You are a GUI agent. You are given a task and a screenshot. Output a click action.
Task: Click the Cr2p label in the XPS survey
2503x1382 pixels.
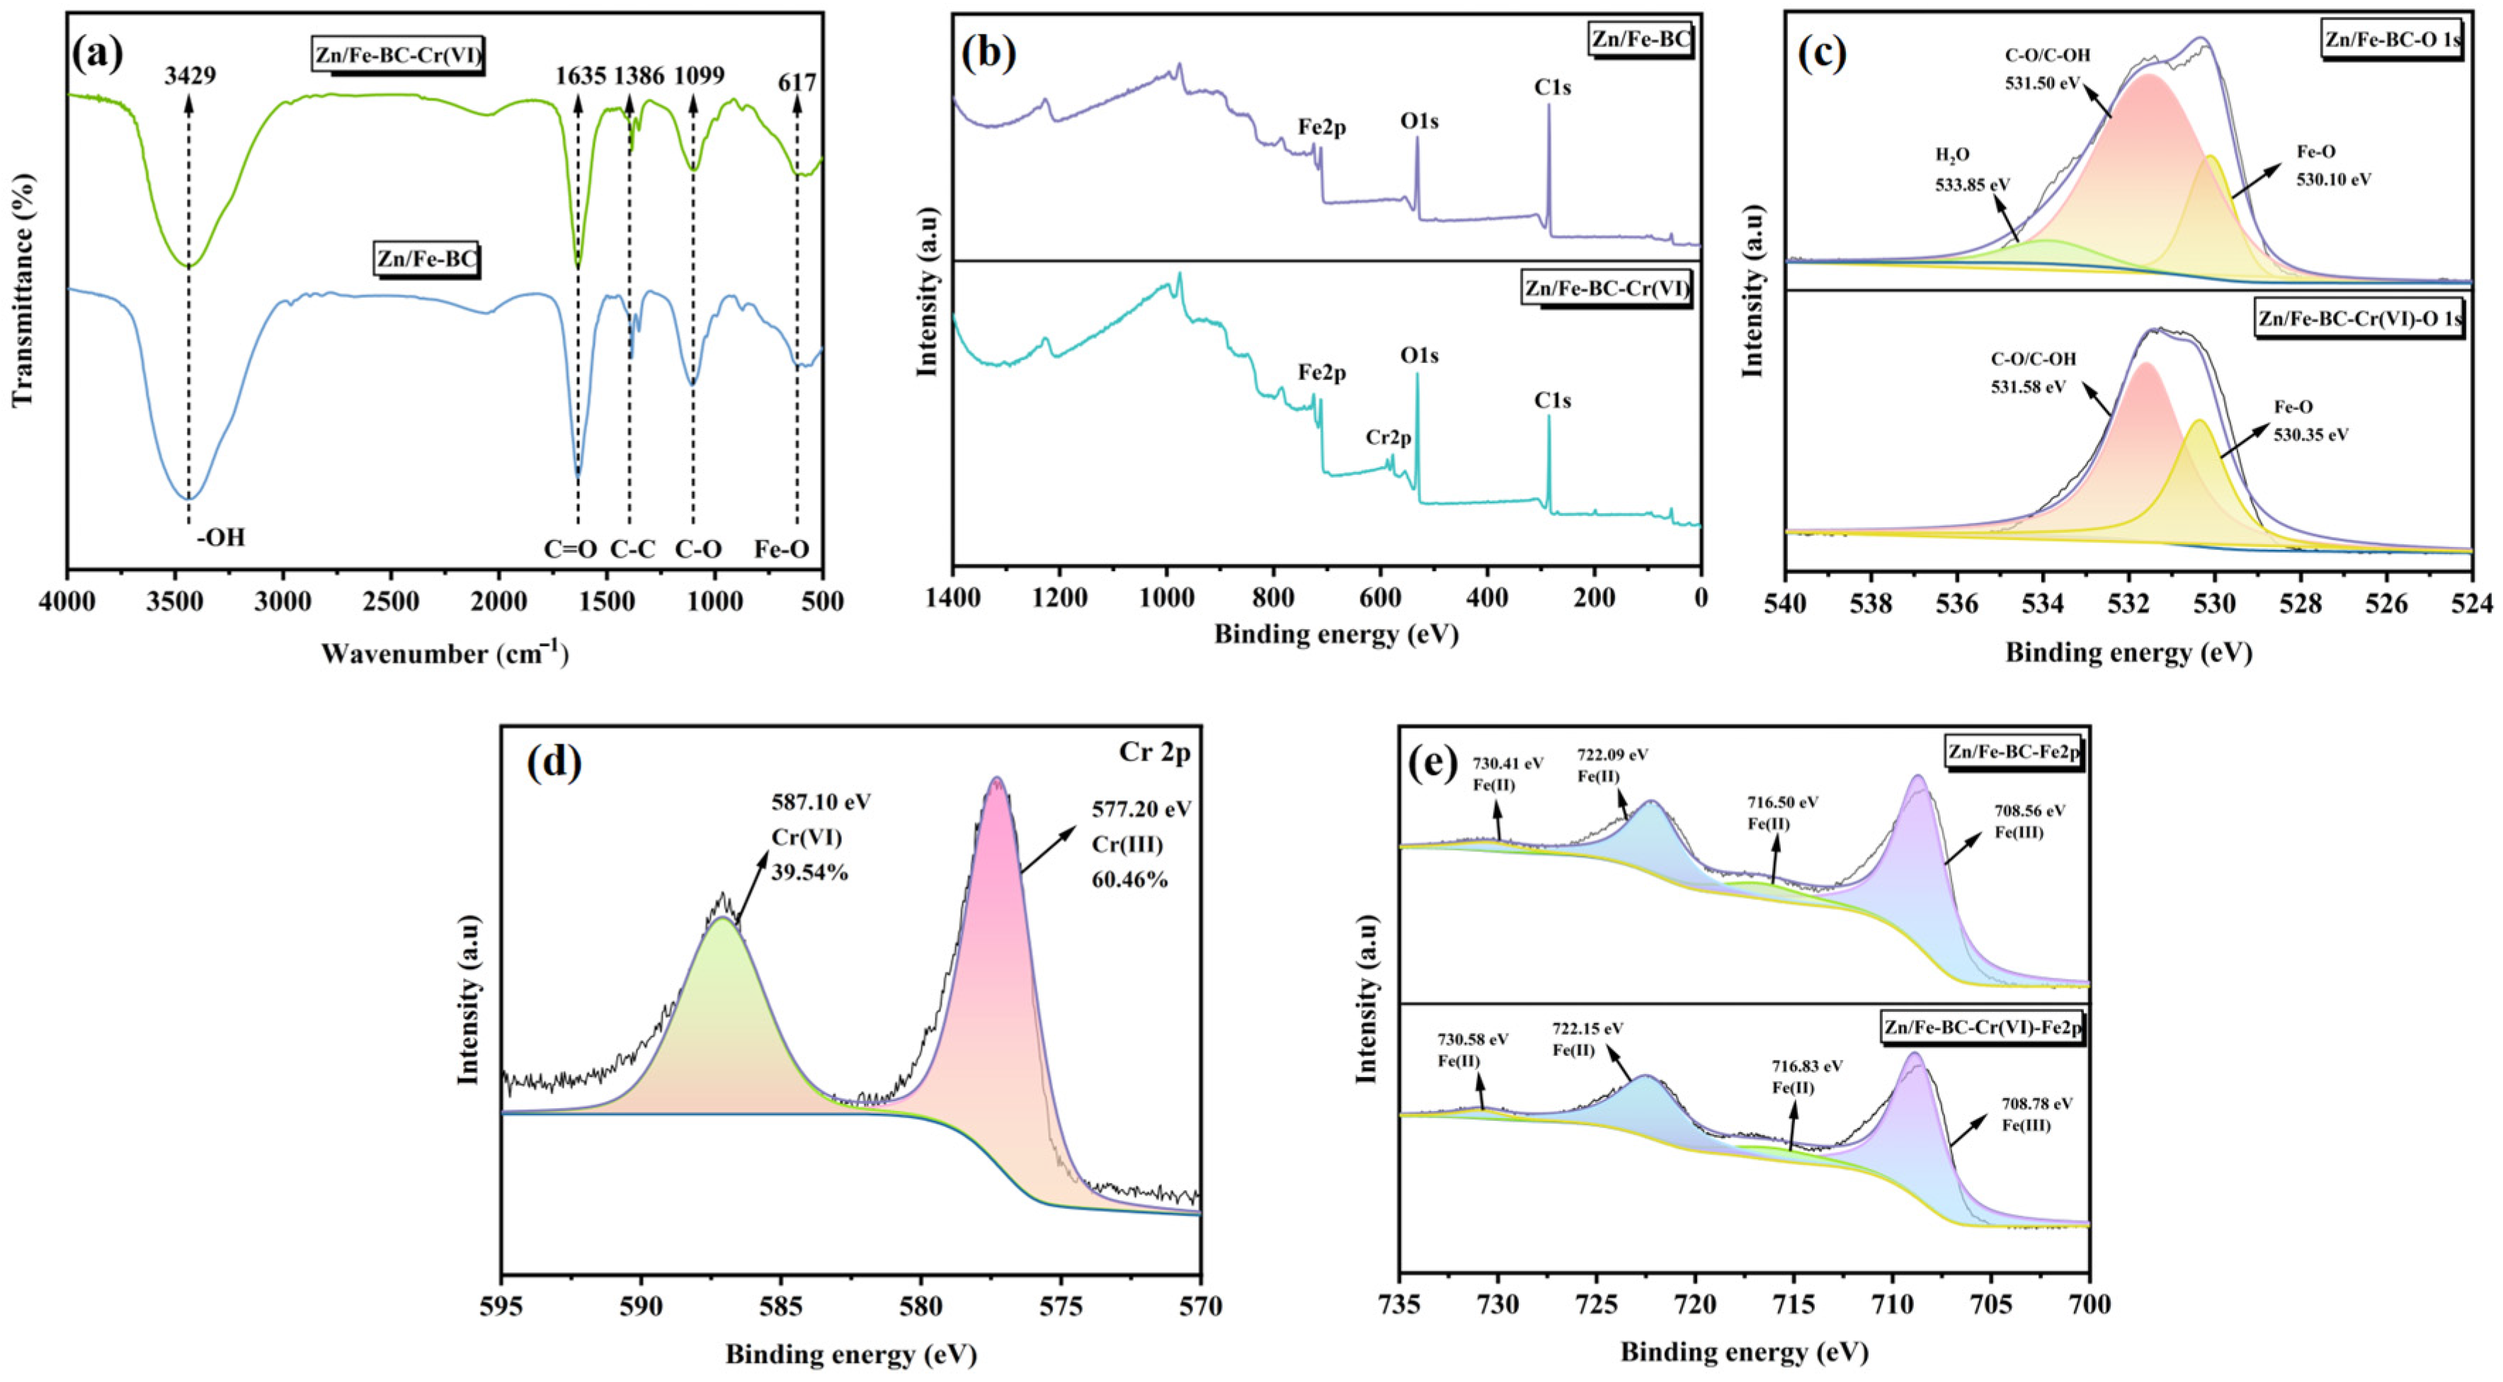(x=1389, y=438)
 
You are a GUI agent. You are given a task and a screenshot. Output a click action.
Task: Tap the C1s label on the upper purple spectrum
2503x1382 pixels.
(x=1553, y=88)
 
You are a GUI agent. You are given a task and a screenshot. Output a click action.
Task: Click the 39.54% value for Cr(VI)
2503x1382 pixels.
(x=809, y=872)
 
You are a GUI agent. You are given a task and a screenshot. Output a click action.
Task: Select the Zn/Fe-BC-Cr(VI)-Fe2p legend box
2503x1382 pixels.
(x=1982, y=1027)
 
